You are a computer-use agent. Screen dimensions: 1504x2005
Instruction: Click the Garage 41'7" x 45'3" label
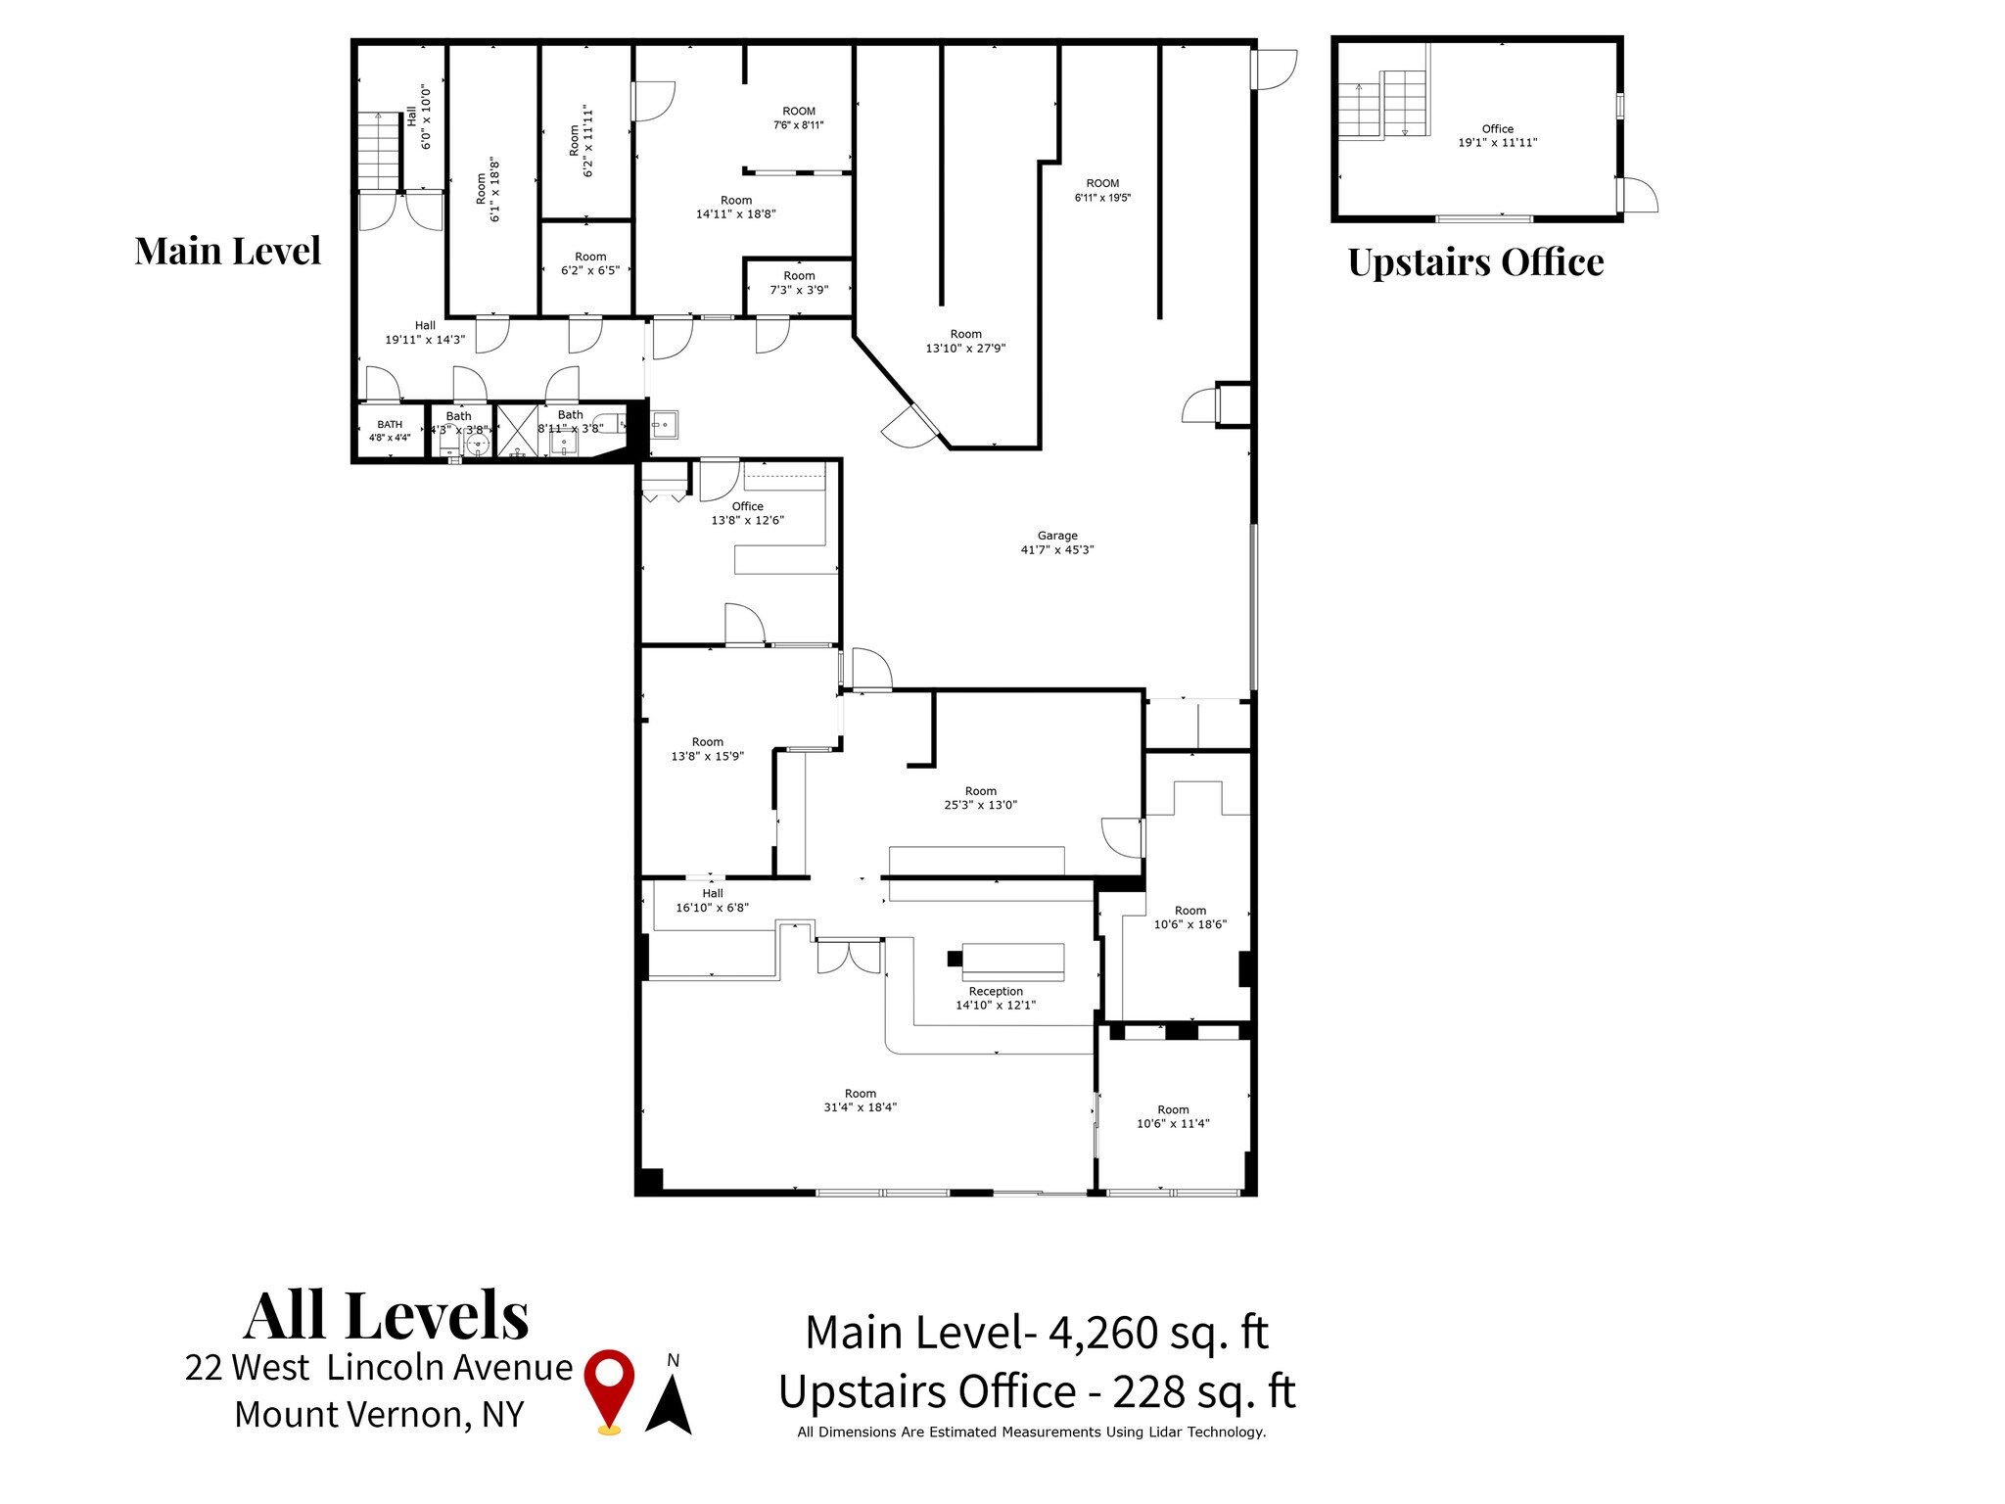(x=1056, y=542)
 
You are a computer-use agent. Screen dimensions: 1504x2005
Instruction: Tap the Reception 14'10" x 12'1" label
(x=995, y=998)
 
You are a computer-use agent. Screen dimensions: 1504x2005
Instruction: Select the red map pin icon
(x=609, y=1390)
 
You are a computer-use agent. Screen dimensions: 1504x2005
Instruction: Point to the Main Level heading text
(x=227, y=251)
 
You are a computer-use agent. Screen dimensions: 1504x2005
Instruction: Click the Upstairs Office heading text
(x=1475, y=261)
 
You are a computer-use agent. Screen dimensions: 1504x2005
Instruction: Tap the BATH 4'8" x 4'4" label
(x=390, y=431)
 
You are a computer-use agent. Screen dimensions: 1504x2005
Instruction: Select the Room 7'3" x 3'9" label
(x=799, y=282)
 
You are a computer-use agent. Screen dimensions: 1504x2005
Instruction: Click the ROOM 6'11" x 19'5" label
(x=1102, y=190)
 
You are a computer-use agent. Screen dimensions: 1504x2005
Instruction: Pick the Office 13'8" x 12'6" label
(x=747, y=513)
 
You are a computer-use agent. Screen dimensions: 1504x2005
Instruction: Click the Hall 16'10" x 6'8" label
(x=712, y=900)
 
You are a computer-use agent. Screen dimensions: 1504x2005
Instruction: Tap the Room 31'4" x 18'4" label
(x=861, y=1101)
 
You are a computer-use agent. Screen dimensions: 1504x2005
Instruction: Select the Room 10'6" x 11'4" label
(x=1173, y=1116)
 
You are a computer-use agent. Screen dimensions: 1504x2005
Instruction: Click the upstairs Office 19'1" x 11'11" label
(x=1497, y=135)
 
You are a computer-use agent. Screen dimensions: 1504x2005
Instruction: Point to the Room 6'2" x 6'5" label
(x=590, y=263)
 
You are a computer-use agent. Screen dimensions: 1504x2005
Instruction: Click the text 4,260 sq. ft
(x=1158, y=1333)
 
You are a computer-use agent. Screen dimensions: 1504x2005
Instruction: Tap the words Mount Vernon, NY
(x=379, y=1414)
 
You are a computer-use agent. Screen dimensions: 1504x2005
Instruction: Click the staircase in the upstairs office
(x=1382, y=105)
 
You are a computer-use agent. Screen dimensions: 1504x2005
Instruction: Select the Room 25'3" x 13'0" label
(x=980, y=798)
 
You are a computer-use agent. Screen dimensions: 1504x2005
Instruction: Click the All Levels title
(x=387, y=1315)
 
